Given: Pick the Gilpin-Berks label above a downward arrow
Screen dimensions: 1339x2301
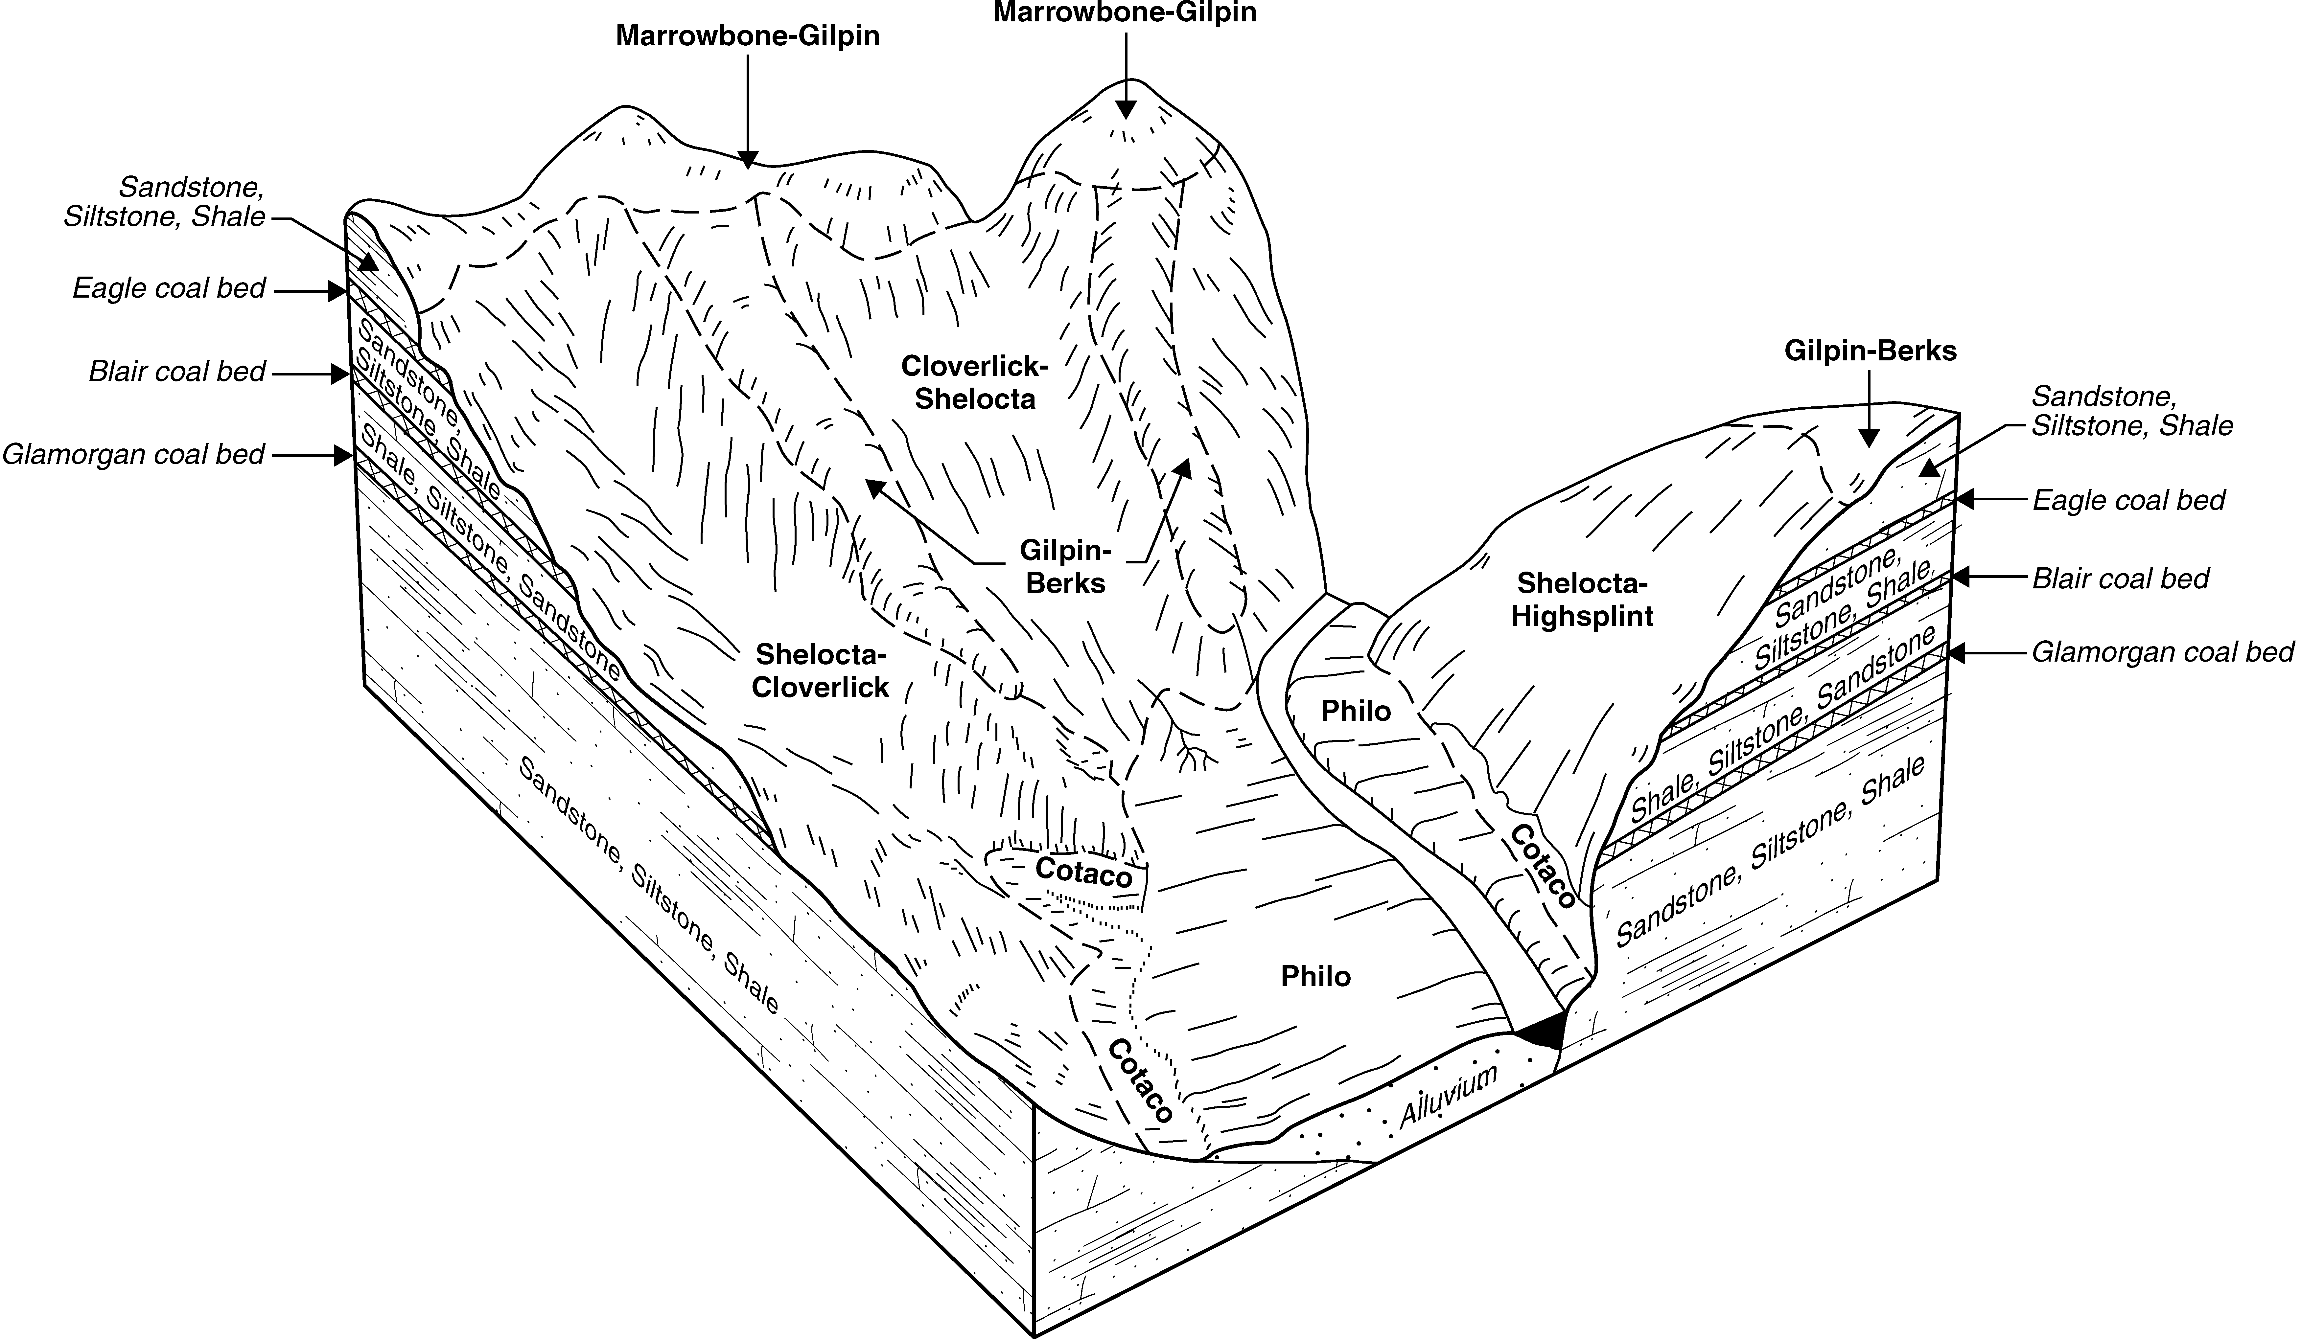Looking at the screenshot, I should pos(1870,352).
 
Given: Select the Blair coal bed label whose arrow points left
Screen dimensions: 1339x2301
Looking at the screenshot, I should pos(2120,579).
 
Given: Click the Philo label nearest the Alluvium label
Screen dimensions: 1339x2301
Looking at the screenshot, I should pos(1315,977).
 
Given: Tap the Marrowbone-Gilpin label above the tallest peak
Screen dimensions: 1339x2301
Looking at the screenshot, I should pos(1125,13).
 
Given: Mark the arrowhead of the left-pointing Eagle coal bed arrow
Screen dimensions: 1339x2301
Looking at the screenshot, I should pos(1965,499).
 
